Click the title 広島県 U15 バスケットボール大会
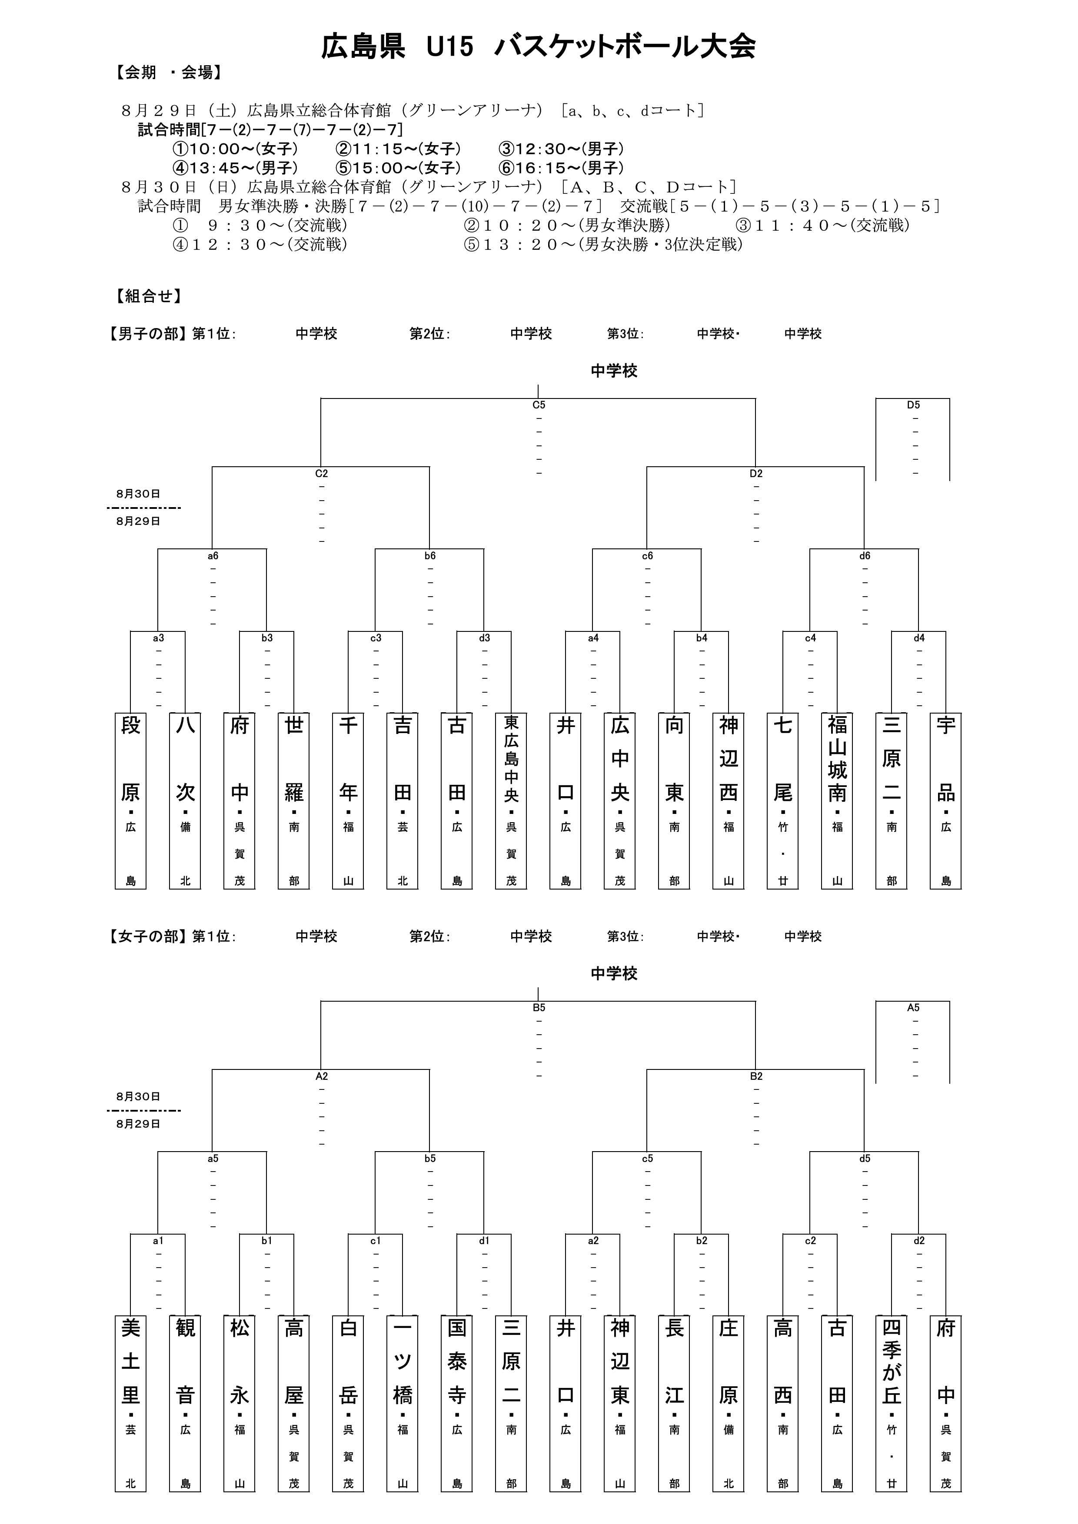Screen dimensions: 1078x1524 538,47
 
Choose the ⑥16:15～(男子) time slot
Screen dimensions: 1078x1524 561,168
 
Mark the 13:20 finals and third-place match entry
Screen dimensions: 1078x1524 603,244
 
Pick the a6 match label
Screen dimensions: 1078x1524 213,555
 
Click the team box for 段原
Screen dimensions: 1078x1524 131,800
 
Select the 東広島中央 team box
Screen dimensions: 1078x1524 511,800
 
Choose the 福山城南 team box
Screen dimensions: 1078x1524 837,800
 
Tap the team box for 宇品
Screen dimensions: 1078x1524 946,800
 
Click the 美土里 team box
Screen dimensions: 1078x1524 131,1403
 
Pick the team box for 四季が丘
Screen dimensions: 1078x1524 892,1403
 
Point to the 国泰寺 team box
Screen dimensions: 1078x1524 457,1403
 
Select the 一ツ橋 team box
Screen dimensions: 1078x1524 402,1403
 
